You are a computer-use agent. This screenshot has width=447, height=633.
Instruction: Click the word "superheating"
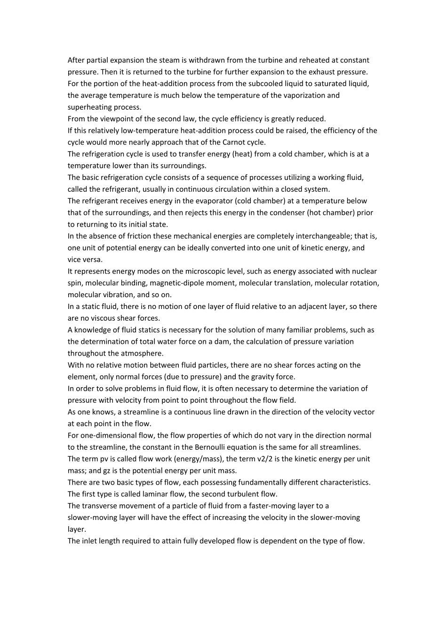89,107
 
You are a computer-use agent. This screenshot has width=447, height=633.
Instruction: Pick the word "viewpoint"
116,119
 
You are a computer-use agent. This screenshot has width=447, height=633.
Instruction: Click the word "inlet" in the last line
90,541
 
